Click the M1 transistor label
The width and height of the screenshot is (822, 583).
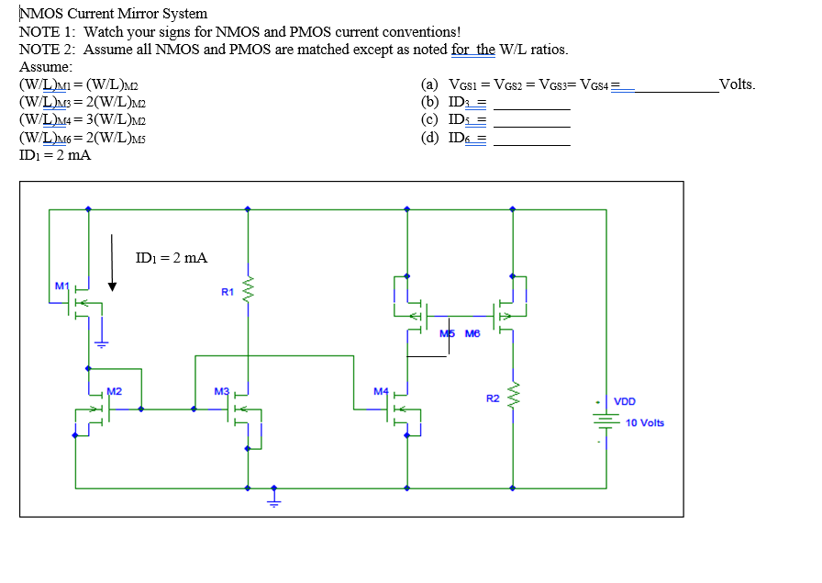(x=61, y=286)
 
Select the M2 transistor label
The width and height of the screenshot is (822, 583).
(x=115, y=391)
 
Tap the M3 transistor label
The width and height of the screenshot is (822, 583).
(x=221, y=391)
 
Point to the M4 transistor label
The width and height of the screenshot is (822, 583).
(x=381, y=391)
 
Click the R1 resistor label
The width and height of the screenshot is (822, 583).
(x=228, y=292)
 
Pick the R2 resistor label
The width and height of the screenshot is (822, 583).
(x=493, y=398)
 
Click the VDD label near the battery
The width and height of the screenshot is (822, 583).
(x=624, y=402)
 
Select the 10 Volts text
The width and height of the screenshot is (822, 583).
(x=644, y=422)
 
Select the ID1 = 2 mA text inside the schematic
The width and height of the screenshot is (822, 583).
(x=171, y=258)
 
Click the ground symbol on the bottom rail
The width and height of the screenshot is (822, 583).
(x=272, y=498)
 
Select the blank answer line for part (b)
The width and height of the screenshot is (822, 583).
(x=532, y=109)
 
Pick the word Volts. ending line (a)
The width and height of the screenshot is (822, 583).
(x=738, y=84)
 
